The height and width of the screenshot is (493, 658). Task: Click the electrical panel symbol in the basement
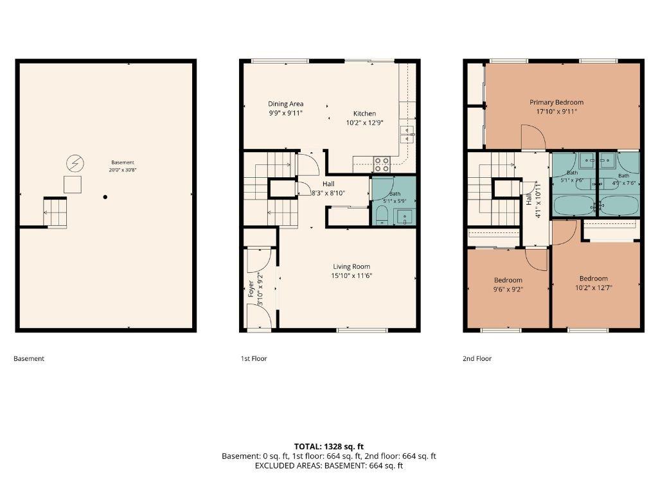click(x=75, y=164)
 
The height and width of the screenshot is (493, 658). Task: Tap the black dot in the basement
click(x=105, y=197)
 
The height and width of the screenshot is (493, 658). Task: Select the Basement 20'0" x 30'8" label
click(x=123, y=166)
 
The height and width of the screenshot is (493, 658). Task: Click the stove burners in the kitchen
click(x=382, y=164)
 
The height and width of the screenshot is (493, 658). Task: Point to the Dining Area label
click(x=286, y=103)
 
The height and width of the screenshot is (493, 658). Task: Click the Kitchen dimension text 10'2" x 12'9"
click(x=365, y=123)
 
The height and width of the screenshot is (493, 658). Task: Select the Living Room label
click(x=351, y=266)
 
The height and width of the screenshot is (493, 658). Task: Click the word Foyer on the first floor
click(x=251, y=289)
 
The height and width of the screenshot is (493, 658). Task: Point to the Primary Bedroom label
click(x=556, y=102)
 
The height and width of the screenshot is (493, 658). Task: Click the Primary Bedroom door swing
click(x=533, y=137)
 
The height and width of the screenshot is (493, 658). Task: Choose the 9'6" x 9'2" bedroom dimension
click(x=508, y=290)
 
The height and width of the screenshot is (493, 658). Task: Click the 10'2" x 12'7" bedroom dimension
click(x=594, y=288)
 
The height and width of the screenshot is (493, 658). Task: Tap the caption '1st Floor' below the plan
click(x=254, y=358)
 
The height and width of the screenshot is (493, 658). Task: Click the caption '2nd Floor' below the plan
click(x=477, y=358)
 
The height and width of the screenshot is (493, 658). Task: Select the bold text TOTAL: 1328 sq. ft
click(x=329, y=447)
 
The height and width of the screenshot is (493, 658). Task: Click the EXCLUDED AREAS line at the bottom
click(x=329, y=465)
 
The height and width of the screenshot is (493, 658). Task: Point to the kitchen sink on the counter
click(x=407, y=134)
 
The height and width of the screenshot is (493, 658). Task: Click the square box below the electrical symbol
click(x=73, y=184)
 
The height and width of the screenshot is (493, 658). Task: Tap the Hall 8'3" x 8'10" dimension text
click(x=328, y=193)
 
